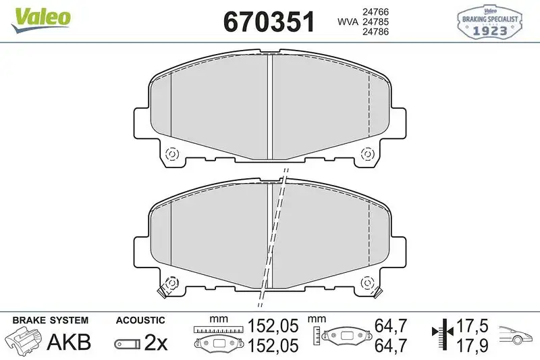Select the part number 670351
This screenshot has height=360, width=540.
[269, 23]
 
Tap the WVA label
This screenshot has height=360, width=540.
[348, 22]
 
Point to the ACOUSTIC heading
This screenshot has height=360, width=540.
[140, 320]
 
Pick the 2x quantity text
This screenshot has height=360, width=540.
[157, 343]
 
